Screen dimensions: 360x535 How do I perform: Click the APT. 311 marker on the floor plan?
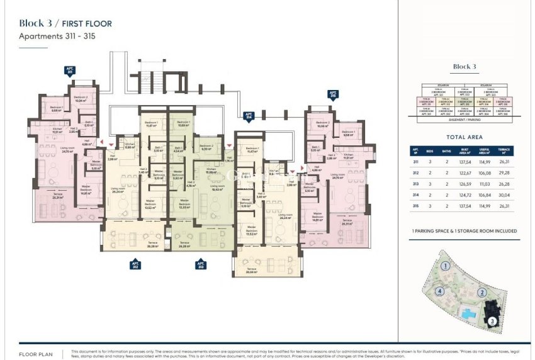[69, 71]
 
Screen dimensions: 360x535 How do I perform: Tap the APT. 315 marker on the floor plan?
[333, 95]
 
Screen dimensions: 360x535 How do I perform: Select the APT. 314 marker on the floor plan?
[249, 116]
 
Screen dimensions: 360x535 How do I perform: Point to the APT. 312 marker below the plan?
[135, 264]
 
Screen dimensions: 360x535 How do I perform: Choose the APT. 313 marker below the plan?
[200, 264]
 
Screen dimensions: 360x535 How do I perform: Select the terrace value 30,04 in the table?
[502, 196]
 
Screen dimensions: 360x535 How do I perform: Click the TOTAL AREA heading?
[465, 137]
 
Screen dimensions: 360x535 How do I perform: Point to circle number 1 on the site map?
[444, 266]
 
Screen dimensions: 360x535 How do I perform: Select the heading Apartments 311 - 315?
[57, 37]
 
